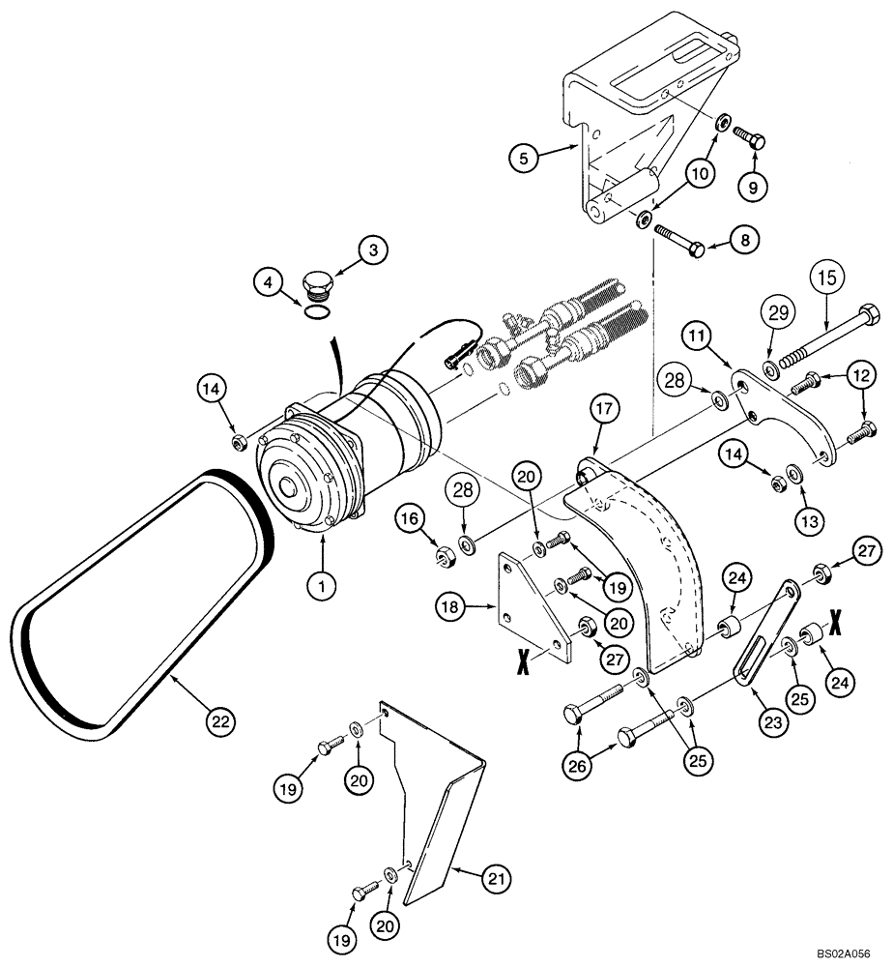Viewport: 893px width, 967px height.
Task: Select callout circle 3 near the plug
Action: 373,249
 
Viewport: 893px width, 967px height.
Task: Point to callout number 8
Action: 745,237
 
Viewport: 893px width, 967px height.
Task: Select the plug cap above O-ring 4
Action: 317,287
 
